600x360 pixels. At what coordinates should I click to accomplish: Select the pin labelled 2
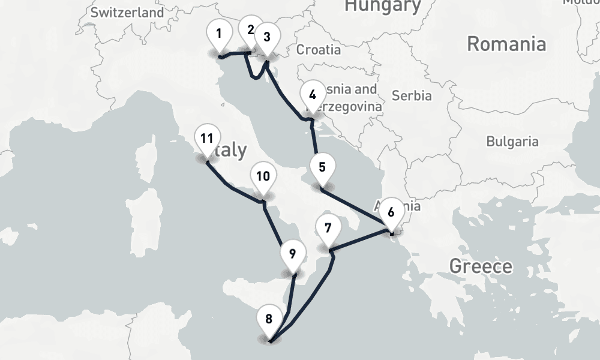(250, 30)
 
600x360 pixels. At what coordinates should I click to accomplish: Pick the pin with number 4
(312, 95)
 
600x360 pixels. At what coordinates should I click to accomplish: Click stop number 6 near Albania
(391, 212)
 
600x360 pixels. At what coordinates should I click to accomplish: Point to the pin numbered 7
(328, 229)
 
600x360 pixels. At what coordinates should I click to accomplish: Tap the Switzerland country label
(127, 12)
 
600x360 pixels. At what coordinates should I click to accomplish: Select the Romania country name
(506, 44)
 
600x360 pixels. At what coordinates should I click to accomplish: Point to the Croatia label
(318, 50)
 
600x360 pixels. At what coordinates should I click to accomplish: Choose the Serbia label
(411, 95)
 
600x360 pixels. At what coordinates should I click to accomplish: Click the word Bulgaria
(512, 142)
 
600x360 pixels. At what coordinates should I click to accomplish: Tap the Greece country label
(481, 266)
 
